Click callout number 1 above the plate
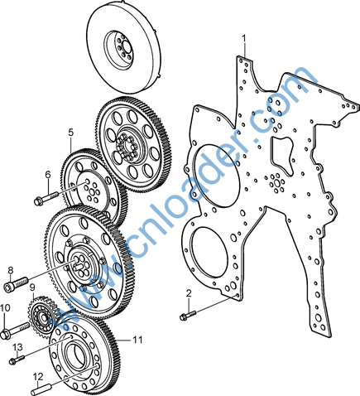244,38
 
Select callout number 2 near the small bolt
189,293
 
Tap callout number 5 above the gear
71,133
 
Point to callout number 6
48,175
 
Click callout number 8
11,270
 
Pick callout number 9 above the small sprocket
32,287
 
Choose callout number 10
5,307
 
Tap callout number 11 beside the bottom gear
137,340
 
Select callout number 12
38,376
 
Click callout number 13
17,346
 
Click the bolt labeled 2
188,315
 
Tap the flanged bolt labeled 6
46,198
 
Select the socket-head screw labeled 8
17,283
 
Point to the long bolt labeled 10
15,330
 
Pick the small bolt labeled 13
17,360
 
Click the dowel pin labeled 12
40,389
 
